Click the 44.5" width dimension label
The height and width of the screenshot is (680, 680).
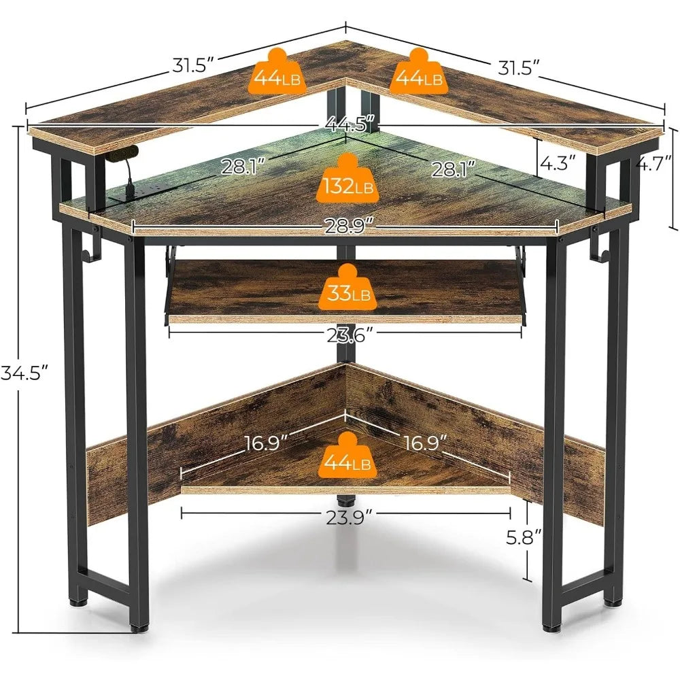(345, 125)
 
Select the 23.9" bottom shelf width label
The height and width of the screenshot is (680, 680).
(345, 517)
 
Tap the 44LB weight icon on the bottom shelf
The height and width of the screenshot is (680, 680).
(347, 458)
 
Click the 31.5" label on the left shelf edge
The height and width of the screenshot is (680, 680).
(192, 65)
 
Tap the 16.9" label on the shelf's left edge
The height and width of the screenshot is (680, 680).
(267, 443)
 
